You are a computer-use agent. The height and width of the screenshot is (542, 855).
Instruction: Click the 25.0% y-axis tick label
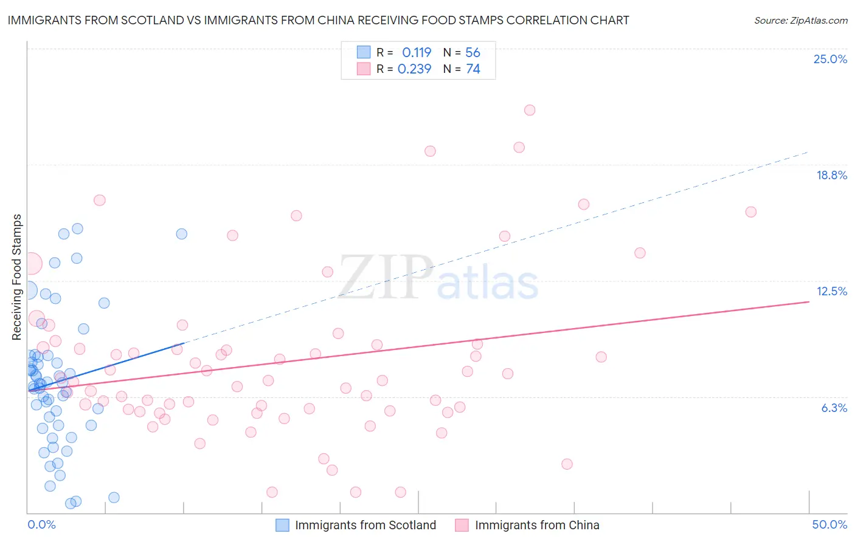tap(830, 59)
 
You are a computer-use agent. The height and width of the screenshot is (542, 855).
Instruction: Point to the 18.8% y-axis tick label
tap(831, 175)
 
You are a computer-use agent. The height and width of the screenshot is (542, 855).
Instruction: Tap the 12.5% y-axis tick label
tap(831, 291)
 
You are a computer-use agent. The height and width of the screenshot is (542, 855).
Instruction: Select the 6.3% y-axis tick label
tap(834, 408)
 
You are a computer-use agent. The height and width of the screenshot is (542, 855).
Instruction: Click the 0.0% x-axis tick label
tap(41, 524)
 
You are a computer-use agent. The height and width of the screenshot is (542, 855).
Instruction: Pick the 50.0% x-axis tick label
tap(829, 524)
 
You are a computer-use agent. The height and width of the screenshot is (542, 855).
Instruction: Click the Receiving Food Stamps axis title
tap(16, 277)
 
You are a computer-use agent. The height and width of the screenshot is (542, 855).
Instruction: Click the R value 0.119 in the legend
tap(417, 53)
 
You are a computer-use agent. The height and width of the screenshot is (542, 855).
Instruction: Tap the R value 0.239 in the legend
tap(414, 69)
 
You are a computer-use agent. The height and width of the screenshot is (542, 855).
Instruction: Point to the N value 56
tap(472, 53)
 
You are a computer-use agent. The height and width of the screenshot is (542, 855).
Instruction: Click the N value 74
tap(472, 69)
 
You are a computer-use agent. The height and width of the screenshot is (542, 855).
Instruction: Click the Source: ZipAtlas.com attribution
tap(800, 21)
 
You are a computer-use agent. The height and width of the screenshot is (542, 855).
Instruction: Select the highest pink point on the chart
tap(530, 110)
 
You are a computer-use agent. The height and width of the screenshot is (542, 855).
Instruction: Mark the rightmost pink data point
tap(750, 212)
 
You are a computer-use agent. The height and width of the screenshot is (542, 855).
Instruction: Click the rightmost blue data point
tap(181, 234)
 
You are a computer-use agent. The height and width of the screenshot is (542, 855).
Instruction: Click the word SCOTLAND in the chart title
tap(156, 20)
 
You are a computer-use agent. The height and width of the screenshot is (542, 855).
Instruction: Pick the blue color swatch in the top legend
tap(364, 52)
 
